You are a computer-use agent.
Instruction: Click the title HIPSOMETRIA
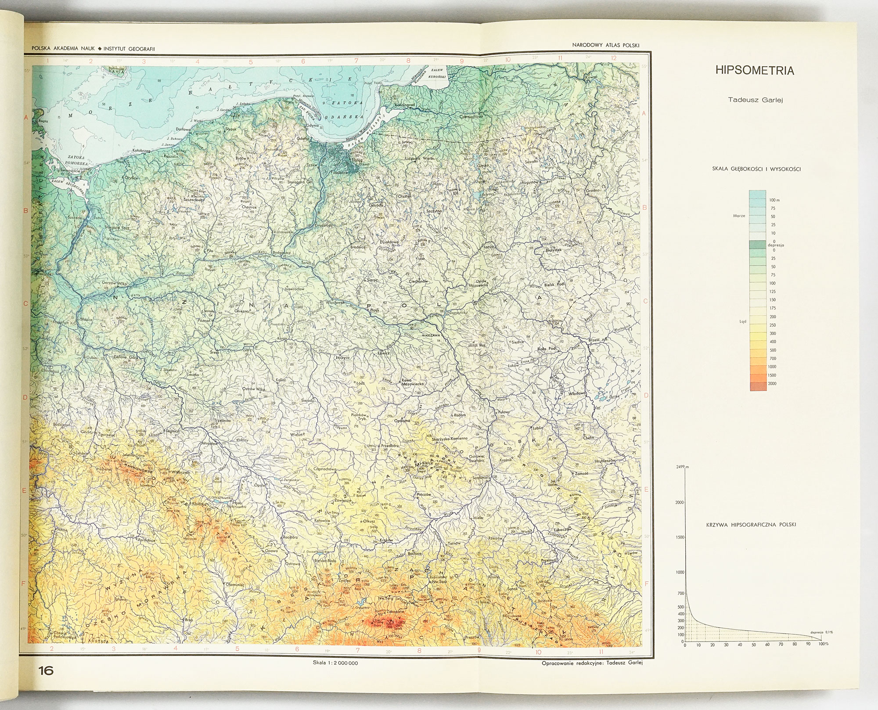click(755, 71)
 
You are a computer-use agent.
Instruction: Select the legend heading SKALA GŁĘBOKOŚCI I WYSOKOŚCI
click(755, 169)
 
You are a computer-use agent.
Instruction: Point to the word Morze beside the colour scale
click(739, 216)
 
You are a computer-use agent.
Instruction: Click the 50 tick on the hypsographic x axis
click(753, 645)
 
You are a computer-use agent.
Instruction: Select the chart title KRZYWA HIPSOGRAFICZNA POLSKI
click(752, 525)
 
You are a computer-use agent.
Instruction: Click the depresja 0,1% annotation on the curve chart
click(820, 632)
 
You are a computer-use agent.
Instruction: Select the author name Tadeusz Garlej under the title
click(754, 100)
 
